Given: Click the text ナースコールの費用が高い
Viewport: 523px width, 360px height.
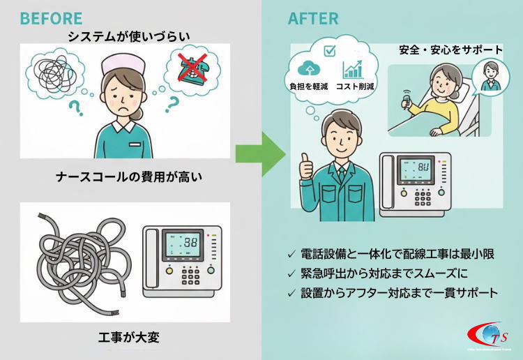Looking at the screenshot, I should point(129,177).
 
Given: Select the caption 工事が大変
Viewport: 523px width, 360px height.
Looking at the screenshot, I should point(130,338).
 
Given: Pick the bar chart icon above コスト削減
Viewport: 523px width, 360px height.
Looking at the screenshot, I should point(352,70).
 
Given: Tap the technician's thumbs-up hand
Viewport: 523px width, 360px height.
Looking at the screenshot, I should point(305,164).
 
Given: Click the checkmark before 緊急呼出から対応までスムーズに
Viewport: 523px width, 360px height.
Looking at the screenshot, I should point(291,274).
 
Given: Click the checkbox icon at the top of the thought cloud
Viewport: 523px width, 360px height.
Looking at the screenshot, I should point(330,50).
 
